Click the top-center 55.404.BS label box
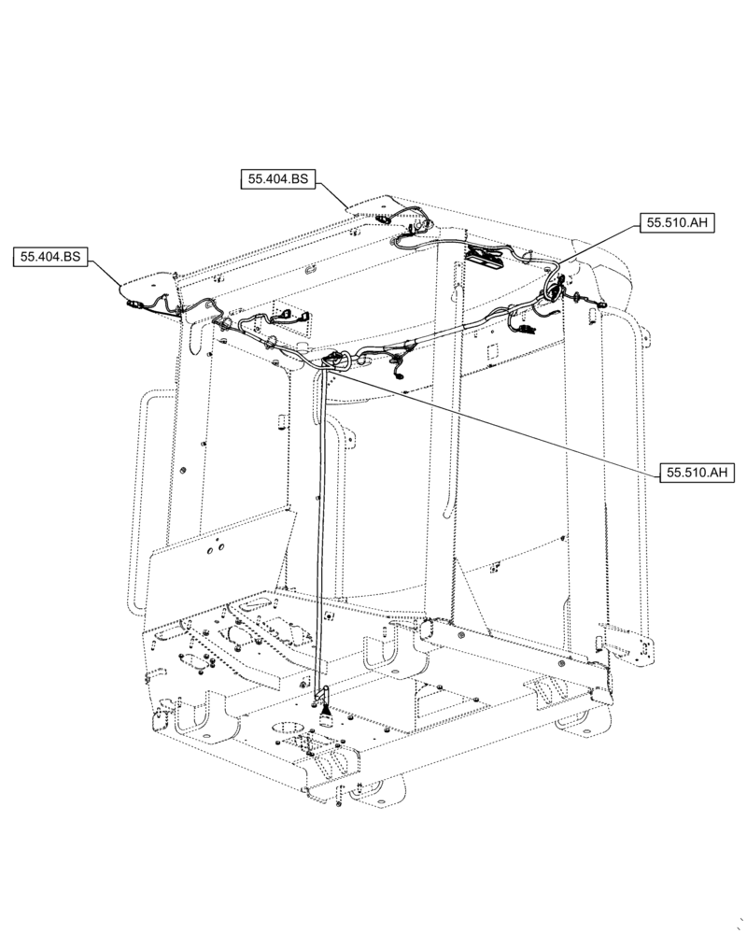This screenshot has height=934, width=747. (x=278, y=179)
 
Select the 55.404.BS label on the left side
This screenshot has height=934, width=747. (x=50, y=256)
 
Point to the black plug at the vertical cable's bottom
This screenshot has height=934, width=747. (x=326, y=715)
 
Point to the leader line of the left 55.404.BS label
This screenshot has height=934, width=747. (x=105, y=272)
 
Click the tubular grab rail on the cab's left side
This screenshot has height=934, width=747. (x=140, y=504)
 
